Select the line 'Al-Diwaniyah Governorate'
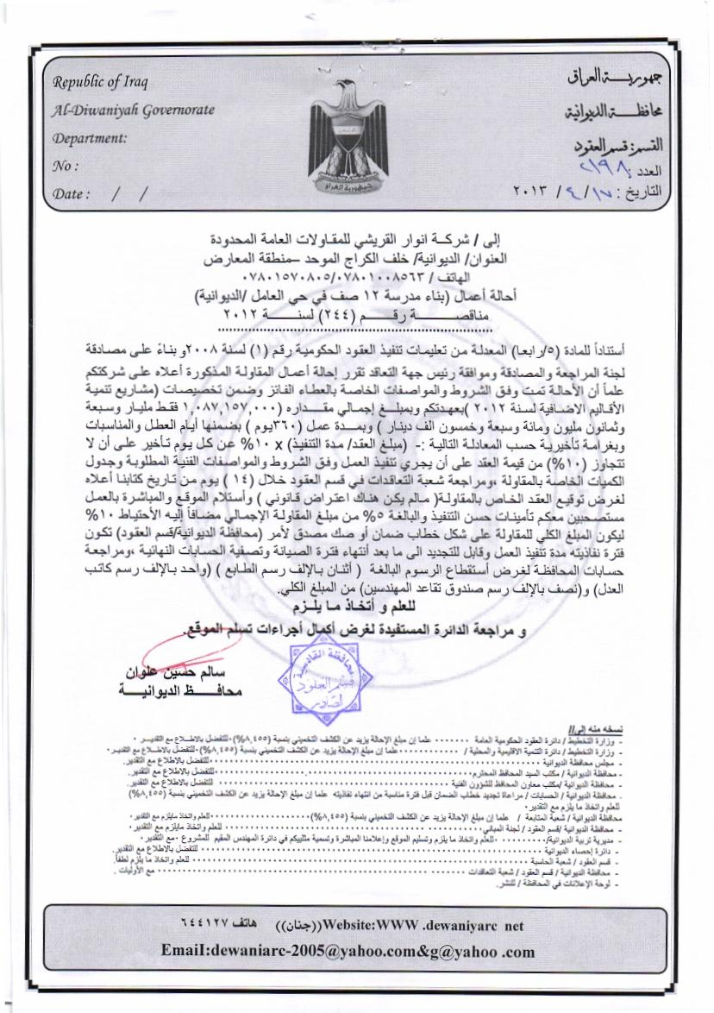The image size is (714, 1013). (x=134, y=110)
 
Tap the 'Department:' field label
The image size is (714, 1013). (x=90, y=137)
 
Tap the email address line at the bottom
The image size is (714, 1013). (x=348, y=952)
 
